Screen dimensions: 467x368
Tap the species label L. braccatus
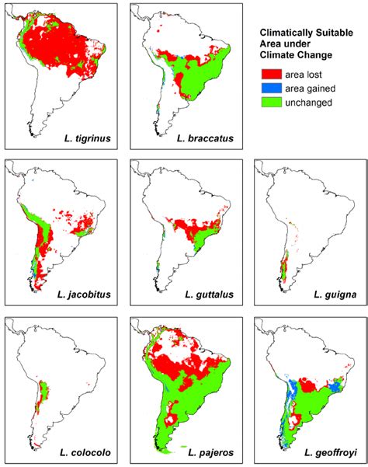[207, 141]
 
